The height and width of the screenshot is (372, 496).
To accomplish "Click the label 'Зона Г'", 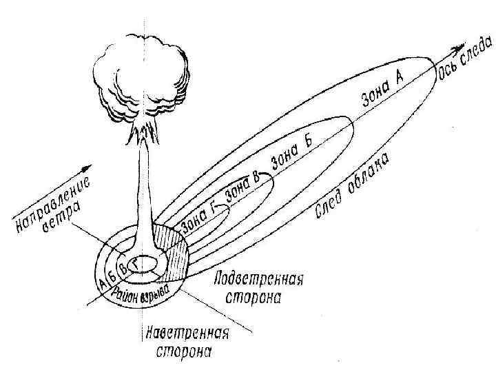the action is click(199, 215).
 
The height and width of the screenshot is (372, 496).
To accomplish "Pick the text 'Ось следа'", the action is click(465, 60).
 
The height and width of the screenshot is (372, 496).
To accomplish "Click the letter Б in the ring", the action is click(112, 274).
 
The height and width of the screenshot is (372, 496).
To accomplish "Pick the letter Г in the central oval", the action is click(136, 262).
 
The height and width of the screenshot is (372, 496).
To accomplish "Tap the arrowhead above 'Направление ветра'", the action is click(85, 168).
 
